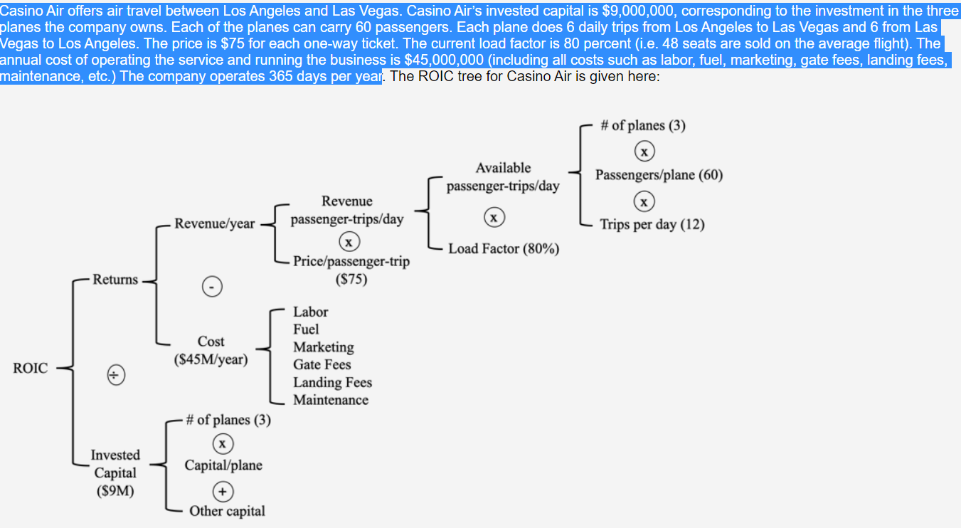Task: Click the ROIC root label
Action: click(31, 368)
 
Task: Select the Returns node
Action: click(115, 279)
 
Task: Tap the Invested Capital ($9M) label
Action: click(115, 472)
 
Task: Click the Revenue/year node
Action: click(214, 223)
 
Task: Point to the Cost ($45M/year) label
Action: click(211, 351)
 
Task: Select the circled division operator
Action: click(115, 374)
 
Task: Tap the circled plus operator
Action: click(223, 491)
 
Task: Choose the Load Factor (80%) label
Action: click(504, 249)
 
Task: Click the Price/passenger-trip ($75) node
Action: click(351, 270)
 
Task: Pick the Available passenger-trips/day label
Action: click(503, 177)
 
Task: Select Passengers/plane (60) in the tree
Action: click(659, 175)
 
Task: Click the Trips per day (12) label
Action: click(652, 224)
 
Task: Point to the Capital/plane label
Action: click(223, 465)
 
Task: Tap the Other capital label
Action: click(227, 511)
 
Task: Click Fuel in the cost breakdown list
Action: click(306, 329)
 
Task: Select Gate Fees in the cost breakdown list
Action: click(322, 364)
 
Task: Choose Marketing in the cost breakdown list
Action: click(324, 347)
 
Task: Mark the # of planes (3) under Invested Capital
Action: click(228, 420)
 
